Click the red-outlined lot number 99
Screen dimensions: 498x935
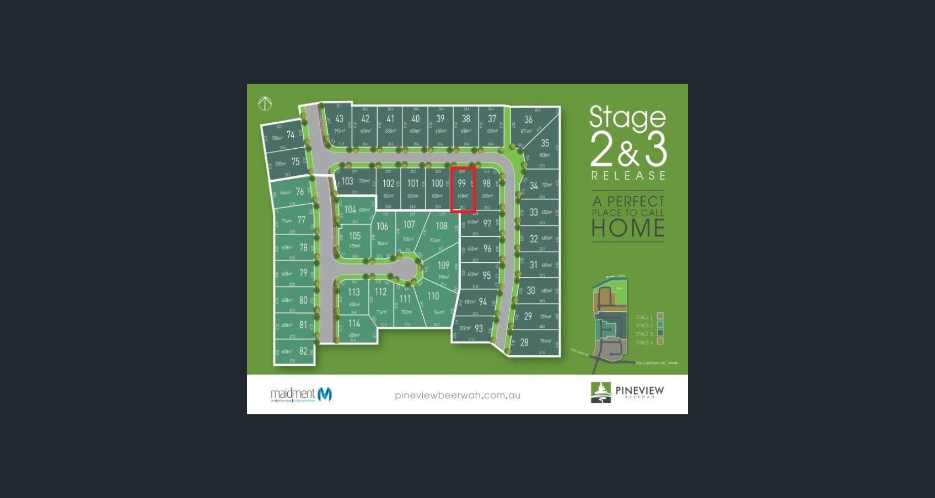point(462,183)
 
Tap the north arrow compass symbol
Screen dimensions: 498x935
point(265,103)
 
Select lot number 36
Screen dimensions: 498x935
point(529,120)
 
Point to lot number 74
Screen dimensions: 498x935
point(291,134)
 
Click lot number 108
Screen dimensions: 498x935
point(442,226)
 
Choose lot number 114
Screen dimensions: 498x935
point(354,323)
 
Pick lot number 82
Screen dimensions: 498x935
point(303,351)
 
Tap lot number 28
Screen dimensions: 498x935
point(524,342)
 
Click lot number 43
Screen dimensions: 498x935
point(339,118)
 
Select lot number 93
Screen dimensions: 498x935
point(479,328)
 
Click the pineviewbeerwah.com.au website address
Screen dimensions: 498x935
point(458,395)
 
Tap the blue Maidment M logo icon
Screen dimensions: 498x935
point(325,394)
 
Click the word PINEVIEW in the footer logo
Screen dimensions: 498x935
point(640,391)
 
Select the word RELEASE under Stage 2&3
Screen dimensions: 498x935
point(628,176)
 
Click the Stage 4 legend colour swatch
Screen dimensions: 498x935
point(660,342)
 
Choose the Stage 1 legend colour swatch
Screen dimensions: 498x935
point(660,317)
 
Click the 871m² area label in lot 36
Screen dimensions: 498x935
point(526,131)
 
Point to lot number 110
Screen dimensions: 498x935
point(433,296)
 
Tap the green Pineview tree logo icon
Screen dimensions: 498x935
point(600,392)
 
